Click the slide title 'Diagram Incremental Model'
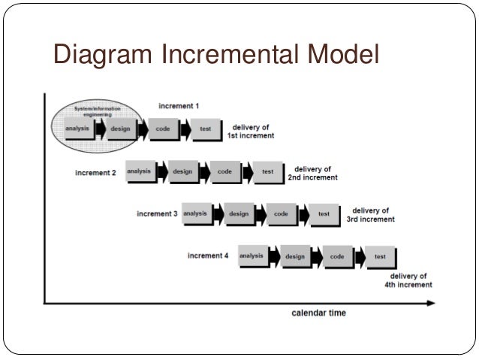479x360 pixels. coord(216,55)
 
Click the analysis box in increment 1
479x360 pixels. coord(78,129)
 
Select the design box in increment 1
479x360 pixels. coord(120,129)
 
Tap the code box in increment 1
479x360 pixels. coord(162,129)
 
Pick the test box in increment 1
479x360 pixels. coord(205,129)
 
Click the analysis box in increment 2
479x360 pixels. coord(139,171)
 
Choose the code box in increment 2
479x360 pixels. coord(224,171)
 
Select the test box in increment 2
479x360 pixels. coord(267,171)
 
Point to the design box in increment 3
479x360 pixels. coord(239,214)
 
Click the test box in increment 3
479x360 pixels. coord(324,214)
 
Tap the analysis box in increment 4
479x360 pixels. coord(252,256)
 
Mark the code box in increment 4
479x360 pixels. coord(337,257)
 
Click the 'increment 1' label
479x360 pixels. coord(179,106)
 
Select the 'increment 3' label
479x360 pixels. coord(157,214)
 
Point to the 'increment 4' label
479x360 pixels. coord(208,256)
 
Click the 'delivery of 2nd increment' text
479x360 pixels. coord(312,174)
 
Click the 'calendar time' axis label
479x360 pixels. coord(318,313)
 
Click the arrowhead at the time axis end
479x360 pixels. coord(430,303)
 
